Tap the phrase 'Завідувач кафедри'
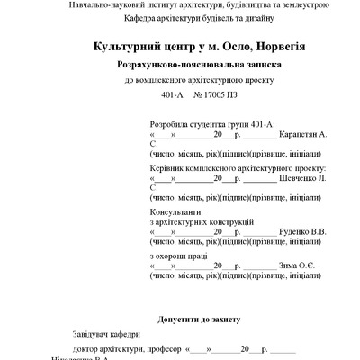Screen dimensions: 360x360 pyautogui.click(x=111, y=334)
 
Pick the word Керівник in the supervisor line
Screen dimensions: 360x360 pyautogui.click(x=168, y=168)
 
